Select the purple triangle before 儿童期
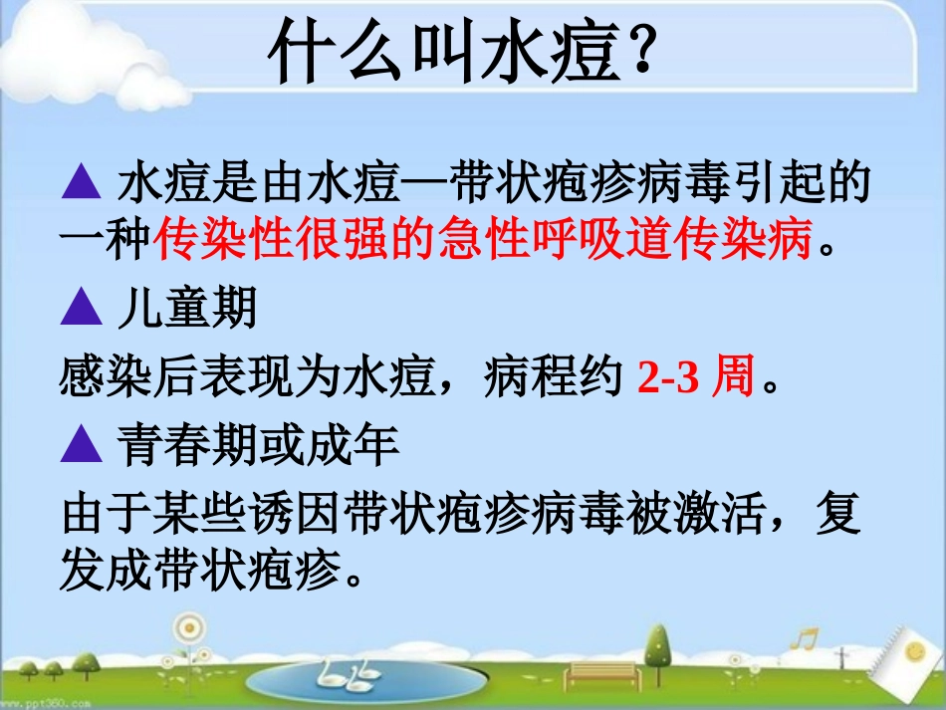coord(82,310)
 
